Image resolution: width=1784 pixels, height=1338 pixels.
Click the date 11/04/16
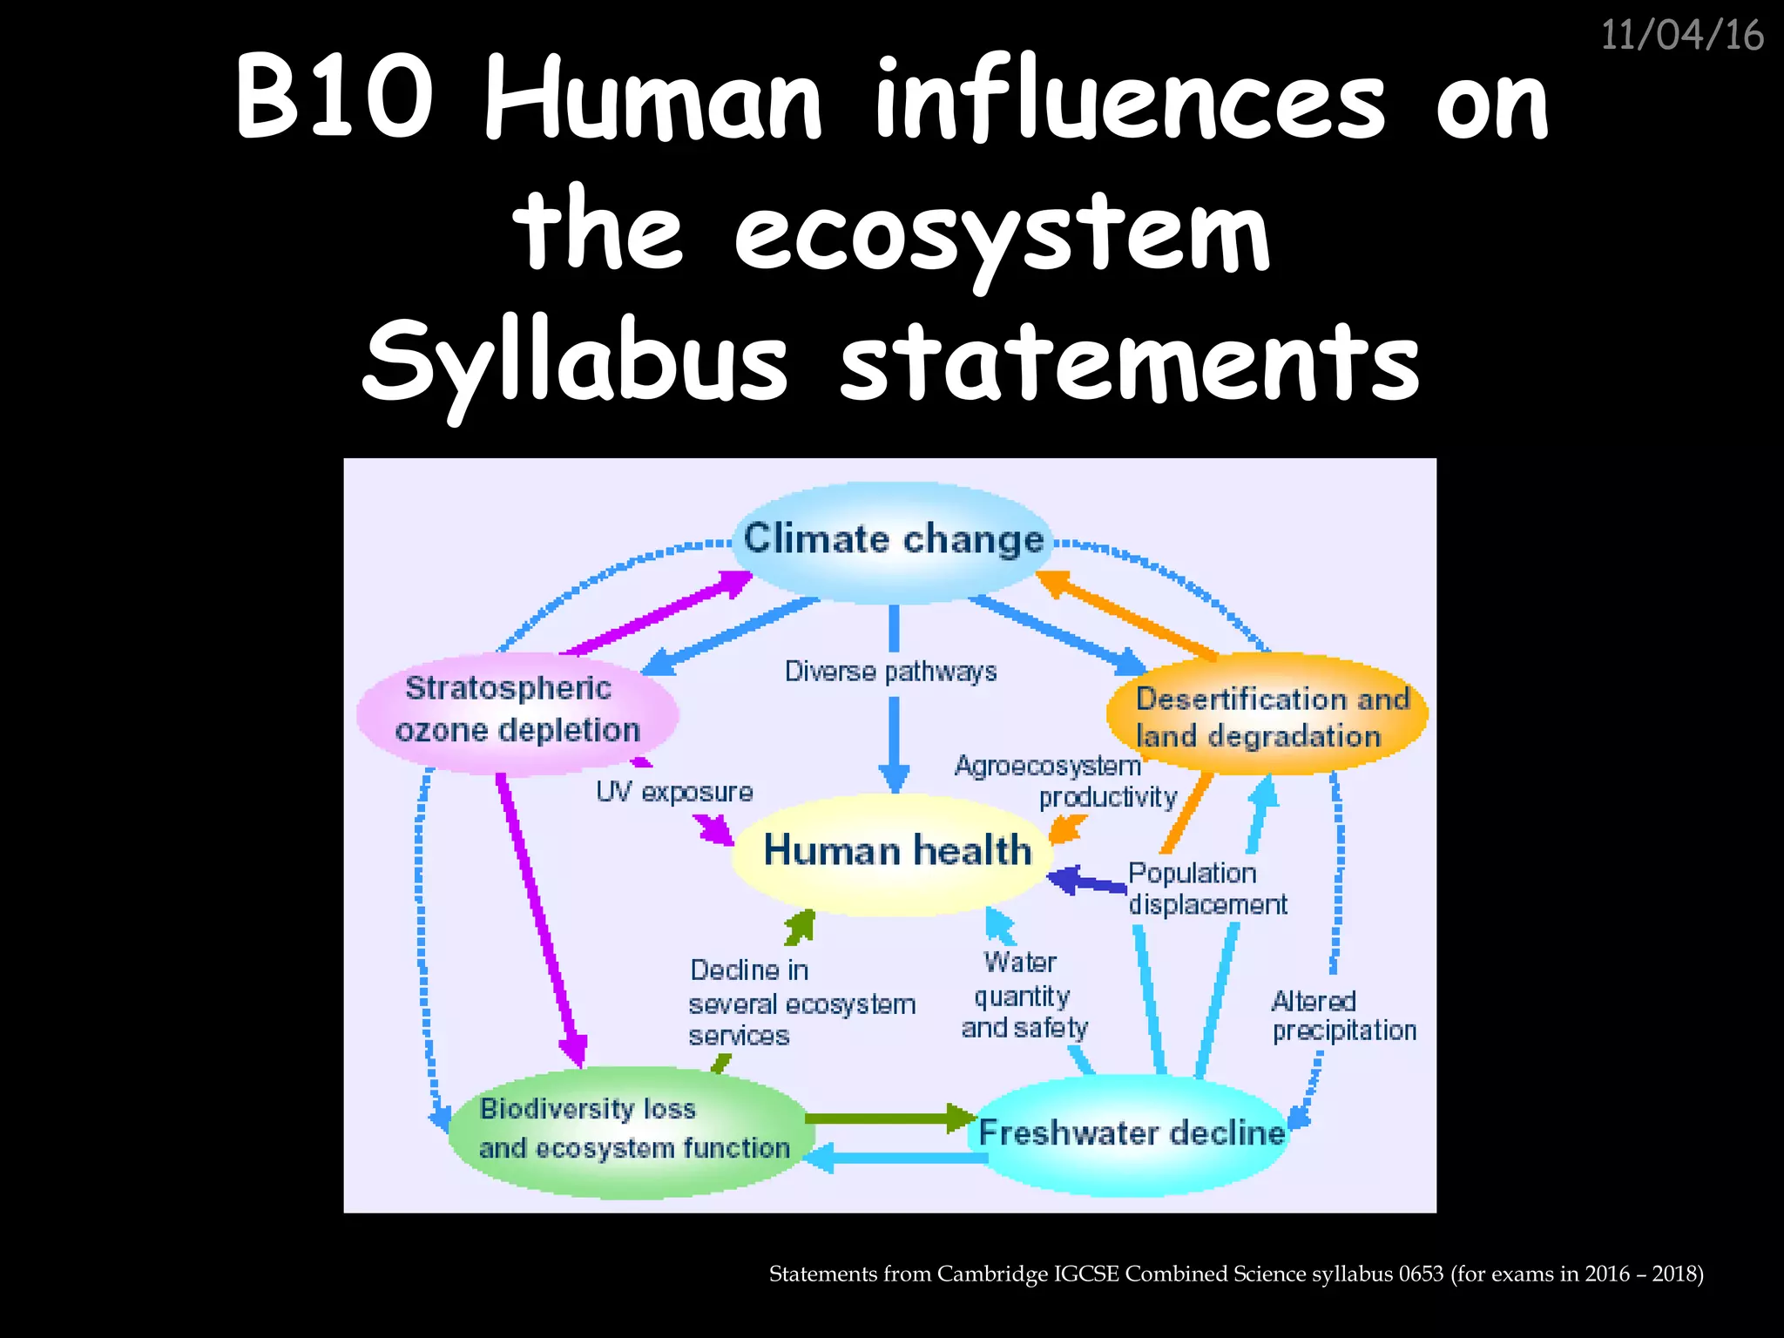(1681, 36)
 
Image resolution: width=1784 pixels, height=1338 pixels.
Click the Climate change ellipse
(893, 540)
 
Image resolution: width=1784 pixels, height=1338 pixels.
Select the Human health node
(897, 851)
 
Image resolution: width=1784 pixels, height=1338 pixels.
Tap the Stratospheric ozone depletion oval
(517, 710)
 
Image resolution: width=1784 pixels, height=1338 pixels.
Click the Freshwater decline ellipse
(1132, 1132)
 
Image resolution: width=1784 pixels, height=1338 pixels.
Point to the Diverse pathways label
(890, 672)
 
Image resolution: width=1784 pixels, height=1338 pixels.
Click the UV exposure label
(674, 792)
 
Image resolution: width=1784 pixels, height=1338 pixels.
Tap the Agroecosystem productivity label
(1066, 781)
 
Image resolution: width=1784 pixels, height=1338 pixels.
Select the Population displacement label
(1206, 889)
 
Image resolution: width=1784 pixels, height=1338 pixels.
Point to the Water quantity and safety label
(1024, 995)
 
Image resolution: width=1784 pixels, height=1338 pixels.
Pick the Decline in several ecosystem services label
(800, 1003)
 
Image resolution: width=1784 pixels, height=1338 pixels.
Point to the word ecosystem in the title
(1002, 233)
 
